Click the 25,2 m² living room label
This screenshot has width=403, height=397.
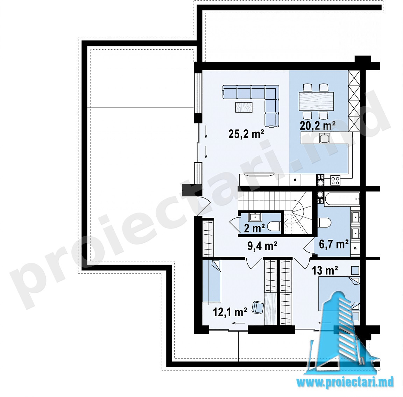[x=246, y=134]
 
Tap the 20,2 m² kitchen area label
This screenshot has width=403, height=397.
[x=317, y=125]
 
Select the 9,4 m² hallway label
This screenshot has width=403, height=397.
[x=262, y=246]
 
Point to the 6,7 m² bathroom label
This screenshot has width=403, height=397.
[x=334, y=244]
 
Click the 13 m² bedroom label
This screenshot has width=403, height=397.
[x=325, y=270]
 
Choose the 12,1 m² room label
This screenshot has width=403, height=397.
[x=230, y=312]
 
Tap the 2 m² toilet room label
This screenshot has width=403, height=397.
[x=254, y=228]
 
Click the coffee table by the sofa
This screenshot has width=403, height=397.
[x=244, y=107]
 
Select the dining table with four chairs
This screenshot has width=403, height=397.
[x=316, y=101]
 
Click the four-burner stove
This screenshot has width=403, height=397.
[x=335, y=180]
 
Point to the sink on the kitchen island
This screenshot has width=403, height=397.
[x=325, y=138]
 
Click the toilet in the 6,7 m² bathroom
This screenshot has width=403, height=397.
[x=325, y=222]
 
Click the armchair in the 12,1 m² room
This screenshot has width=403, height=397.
[x=257, y=307]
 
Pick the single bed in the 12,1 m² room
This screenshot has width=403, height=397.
[x=212, y=281]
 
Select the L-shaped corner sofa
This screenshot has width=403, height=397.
[x=257, y=103]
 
